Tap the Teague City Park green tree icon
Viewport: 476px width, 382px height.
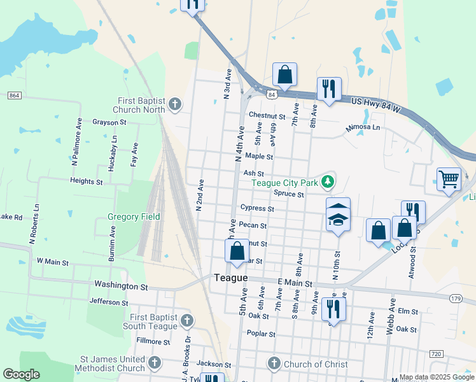328,183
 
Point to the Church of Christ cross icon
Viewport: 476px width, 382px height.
274,364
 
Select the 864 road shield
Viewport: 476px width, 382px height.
15,95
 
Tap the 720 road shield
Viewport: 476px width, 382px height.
436,353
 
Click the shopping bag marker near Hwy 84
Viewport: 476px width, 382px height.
284,74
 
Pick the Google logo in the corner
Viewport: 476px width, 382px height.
21,374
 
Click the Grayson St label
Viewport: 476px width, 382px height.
109,122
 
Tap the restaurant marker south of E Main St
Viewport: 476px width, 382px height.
333,309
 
